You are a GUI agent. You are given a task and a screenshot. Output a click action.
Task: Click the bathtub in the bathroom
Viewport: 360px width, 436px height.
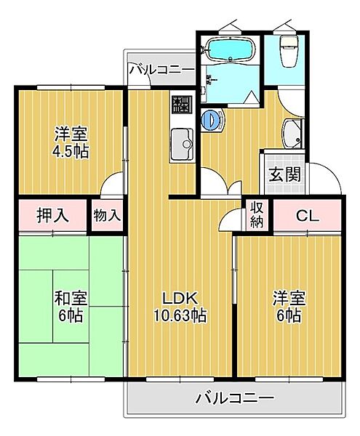click(x=228, y=50)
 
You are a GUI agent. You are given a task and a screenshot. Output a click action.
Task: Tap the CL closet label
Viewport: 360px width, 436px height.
click(x=306, y=215)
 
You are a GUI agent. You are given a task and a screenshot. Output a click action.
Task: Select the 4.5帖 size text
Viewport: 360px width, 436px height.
click(x=71, y=152)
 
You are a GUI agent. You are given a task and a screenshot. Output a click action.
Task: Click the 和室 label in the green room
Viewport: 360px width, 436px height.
click(x=70, y=298)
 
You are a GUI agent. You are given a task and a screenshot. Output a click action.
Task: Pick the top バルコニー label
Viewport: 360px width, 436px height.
click(x=161, y=70)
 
